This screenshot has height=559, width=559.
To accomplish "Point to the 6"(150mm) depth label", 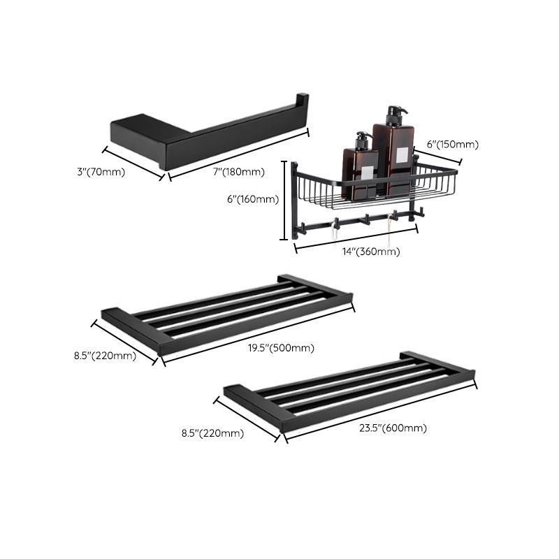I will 453,145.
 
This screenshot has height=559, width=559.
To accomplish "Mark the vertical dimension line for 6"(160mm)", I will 284,201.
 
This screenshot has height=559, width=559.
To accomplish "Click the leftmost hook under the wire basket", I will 335,223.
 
